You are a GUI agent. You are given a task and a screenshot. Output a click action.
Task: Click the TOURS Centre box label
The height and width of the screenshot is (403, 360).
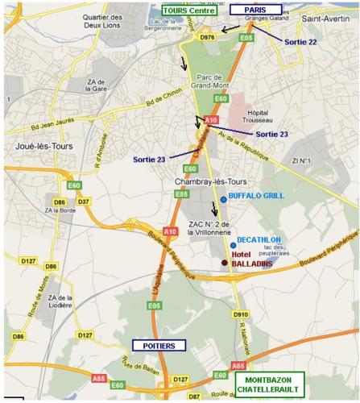(190, 10)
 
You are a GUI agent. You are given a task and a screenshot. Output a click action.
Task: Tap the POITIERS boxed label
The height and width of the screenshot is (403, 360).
(159, 345)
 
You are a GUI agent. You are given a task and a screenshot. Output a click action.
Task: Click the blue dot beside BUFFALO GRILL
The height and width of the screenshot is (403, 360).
(223, 198)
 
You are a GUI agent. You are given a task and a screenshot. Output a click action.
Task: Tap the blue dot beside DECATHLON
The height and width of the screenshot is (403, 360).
(233, 245)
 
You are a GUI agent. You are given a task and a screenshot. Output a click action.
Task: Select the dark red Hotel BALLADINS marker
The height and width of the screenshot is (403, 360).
(225, 263)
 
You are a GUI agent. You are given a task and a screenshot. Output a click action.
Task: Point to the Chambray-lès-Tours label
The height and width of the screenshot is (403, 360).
(205, 182)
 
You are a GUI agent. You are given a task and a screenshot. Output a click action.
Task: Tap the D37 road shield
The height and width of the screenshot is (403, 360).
(84, 201)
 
